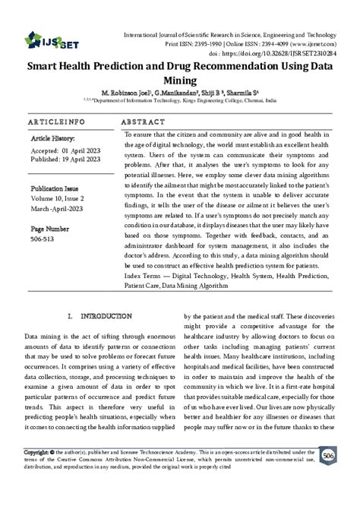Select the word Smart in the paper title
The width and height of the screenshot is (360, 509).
[47, 66]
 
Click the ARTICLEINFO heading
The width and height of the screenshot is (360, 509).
[55, 122]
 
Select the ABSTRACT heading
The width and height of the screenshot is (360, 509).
[144, 122]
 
